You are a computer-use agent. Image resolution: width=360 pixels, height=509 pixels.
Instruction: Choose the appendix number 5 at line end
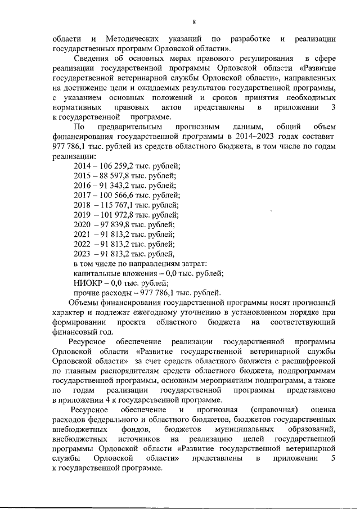[x=334, y=459]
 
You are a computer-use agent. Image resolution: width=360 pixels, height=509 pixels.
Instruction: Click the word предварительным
[x=125, y=127]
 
